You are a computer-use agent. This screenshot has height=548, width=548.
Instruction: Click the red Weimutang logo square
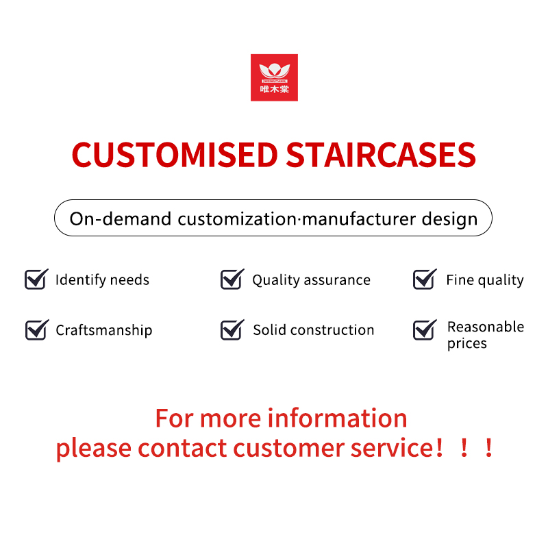tap(274, 77)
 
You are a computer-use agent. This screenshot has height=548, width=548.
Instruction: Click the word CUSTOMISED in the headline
tap(175, 155)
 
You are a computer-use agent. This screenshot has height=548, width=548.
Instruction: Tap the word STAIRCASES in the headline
tap(381, 155)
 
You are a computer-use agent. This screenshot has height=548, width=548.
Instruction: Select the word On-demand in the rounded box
tap(121, 219)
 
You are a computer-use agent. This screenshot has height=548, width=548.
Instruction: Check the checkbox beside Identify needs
tap(36, 279)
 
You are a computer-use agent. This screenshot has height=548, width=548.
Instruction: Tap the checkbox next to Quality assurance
tap(232, 279)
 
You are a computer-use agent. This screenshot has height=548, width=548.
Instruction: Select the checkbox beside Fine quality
tap(425, 279)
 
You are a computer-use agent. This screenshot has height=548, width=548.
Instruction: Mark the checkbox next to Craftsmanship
tap(37, 329)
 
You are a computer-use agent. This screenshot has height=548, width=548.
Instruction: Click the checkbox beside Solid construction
tap(232, 329)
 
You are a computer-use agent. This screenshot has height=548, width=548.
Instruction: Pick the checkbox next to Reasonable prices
tap(425, 329)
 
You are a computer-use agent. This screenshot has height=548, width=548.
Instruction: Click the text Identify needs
tap(102, 280)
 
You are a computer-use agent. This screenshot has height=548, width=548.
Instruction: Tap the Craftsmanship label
tap(104, 331)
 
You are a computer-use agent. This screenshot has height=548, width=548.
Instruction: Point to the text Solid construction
tap(314, 330)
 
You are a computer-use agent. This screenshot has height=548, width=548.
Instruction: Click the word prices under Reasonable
tap(467, 344)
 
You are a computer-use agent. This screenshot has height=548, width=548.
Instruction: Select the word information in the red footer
tap(337, 418)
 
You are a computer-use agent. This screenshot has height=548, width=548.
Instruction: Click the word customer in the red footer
tap(289, 448)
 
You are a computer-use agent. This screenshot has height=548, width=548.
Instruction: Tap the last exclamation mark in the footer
tap(489, 448)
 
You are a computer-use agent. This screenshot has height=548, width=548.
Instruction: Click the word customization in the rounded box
tap(237, 219)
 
